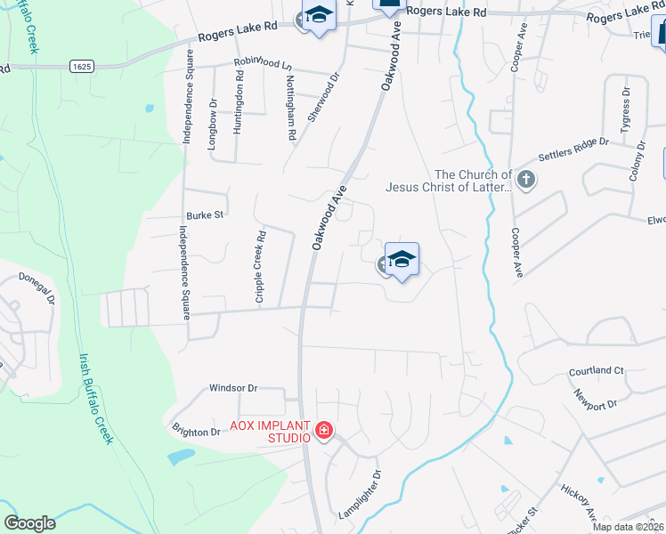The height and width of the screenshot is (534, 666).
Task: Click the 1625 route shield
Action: coord(81,66)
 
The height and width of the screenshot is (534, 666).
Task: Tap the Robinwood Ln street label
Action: coord(263,62)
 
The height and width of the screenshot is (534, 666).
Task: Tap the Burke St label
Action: coord(203,215)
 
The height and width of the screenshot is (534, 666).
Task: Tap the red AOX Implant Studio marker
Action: coord(323,433)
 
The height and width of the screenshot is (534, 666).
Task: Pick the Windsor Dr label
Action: coord(232,388)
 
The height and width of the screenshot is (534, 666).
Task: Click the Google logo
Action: coord(30,522)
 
